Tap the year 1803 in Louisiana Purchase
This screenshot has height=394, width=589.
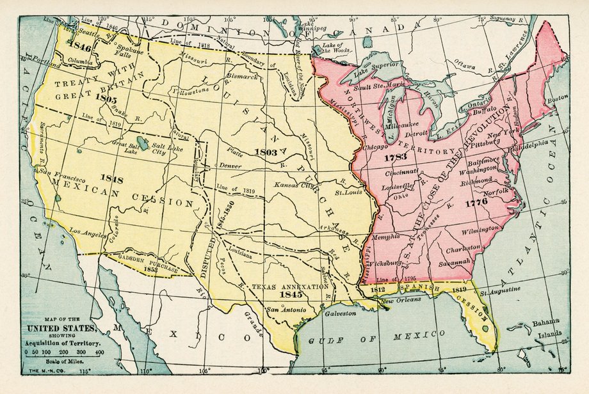coord(266,152)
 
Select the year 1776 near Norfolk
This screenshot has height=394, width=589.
coord(476,201)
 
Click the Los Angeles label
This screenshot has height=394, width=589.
coord(88,232)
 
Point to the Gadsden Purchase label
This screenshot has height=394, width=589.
coord(149,264)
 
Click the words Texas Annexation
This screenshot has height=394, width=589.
coord(290,287)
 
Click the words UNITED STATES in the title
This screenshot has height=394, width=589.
coord(61,329)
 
